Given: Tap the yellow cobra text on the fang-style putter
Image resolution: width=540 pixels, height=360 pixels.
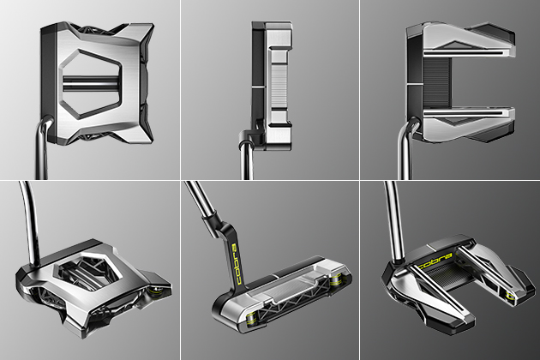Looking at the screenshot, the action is click(435, 261).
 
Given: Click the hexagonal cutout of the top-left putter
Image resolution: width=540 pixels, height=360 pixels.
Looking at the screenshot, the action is click(91, 84).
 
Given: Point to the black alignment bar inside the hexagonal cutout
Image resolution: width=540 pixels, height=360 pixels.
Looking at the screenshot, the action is click(90, 82).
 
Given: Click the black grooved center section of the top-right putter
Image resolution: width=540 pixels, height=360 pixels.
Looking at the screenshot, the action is click(436, 82).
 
